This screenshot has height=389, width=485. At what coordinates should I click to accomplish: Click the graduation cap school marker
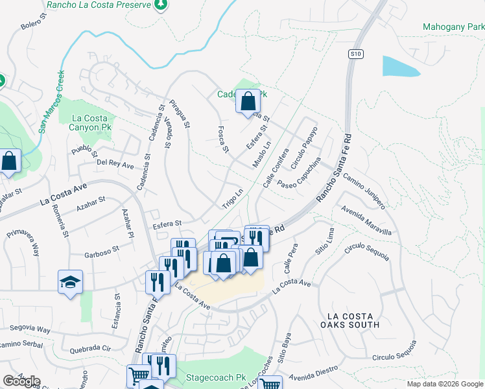(70, 282)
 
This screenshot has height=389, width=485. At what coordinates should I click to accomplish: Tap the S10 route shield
(354, 54)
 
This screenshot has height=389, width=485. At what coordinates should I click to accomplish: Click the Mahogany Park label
(453, 27)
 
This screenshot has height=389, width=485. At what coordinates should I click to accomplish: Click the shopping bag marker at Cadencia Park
(247, 102)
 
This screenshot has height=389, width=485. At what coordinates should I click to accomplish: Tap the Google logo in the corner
(21, 381)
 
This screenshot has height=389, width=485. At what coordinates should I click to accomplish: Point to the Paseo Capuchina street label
(300, 172)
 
